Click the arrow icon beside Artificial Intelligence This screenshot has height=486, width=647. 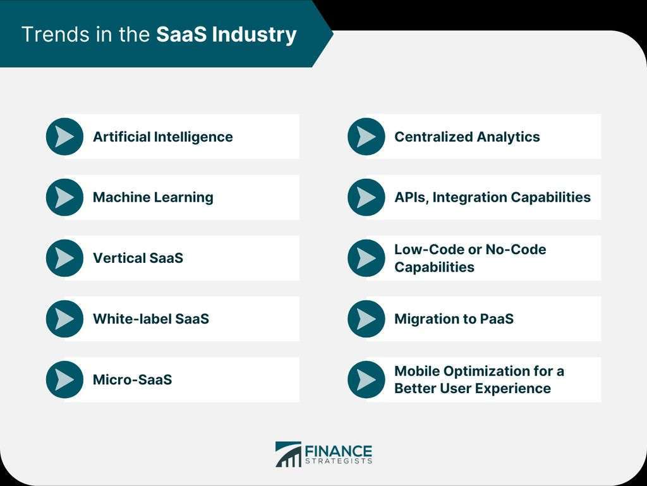pos(65,137)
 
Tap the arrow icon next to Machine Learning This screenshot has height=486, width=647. pos(65,197)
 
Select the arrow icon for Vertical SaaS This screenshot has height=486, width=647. pos(65,258)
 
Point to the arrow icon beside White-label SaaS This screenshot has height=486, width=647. pos(65,319)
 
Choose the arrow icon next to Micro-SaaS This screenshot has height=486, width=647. pos(65,380)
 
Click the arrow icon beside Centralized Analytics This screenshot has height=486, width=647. pos(366,137)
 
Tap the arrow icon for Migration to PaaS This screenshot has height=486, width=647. pos(366,319)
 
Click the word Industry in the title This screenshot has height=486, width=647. pos(254,35)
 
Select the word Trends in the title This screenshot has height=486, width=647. pos(56,34)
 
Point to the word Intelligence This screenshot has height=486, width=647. pos(193,137)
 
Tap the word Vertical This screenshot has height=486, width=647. pos(119,258)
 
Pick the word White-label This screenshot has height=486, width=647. pos(131,319)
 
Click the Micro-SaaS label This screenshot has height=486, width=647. pos(133,380)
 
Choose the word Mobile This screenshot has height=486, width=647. pos(417,371)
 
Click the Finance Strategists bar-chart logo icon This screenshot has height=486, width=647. pos(288,454)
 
